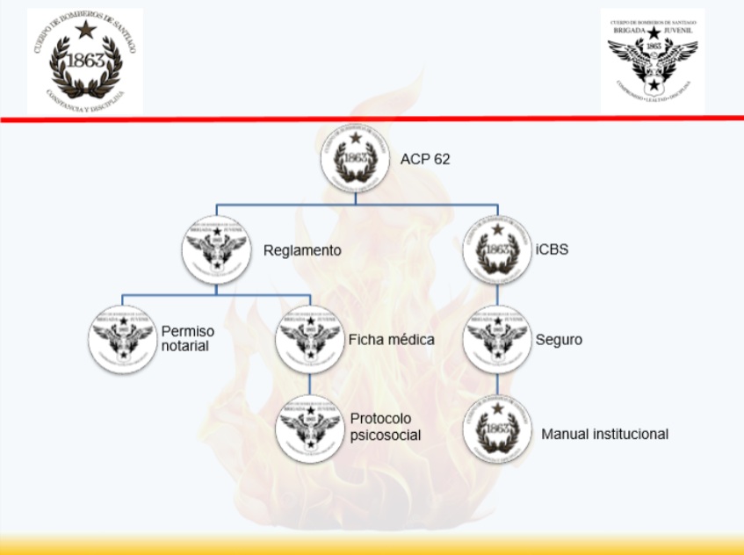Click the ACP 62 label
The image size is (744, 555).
426,159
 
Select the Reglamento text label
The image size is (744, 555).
302,251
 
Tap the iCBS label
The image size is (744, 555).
552,249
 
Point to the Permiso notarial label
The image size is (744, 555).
188,338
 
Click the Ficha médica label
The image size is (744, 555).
391,339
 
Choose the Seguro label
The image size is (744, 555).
559,339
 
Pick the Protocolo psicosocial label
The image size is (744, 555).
386,426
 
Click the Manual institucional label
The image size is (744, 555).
605,434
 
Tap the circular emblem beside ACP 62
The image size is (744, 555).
355,158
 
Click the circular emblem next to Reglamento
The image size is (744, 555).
216,249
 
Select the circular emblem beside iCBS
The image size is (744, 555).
497,249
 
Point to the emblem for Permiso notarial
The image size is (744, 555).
123,338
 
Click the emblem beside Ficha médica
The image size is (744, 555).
309,338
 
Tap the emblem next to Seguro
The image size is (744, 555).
497,338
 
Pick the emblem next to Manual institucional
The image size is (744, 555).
497,428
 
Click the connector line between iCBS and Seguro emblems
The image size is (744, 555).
497,294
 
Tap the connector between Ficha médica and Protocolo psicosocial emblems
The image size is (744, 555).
309,383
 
